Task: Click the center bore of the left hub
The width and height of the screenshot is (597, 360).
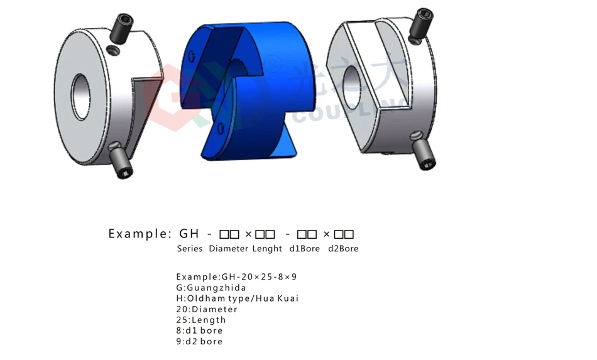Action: click(81, 97)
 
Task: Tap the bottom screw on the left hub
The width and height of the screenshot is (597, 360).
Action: click(121, 161)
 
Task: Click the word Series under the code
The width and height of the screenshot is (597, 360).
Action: click(190, 249)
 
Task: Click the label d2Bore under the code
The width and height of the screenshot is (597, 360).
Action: click(343, 249)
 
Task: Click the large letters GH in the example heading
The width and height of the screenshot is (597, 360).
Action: click(189, 234)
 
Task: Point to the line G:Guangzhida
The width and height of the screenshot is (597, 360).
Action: click(211, 288)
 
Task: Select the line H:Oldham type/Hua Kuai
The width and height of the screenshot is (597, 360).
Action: click(238, 298)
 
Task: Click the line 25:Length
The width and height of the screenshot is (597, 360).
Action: click(201, 320)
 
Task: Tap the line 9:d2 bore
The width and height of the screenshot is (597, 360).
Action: click(199, 341)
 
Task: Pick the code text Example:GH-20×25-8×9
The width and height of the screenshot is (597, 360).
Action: click(236, 277)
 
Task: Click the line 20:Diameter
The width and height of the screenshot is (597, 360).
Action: click(207, 309)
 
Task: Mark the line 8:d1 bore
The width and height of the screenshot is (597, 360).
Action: click(199, 330)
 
